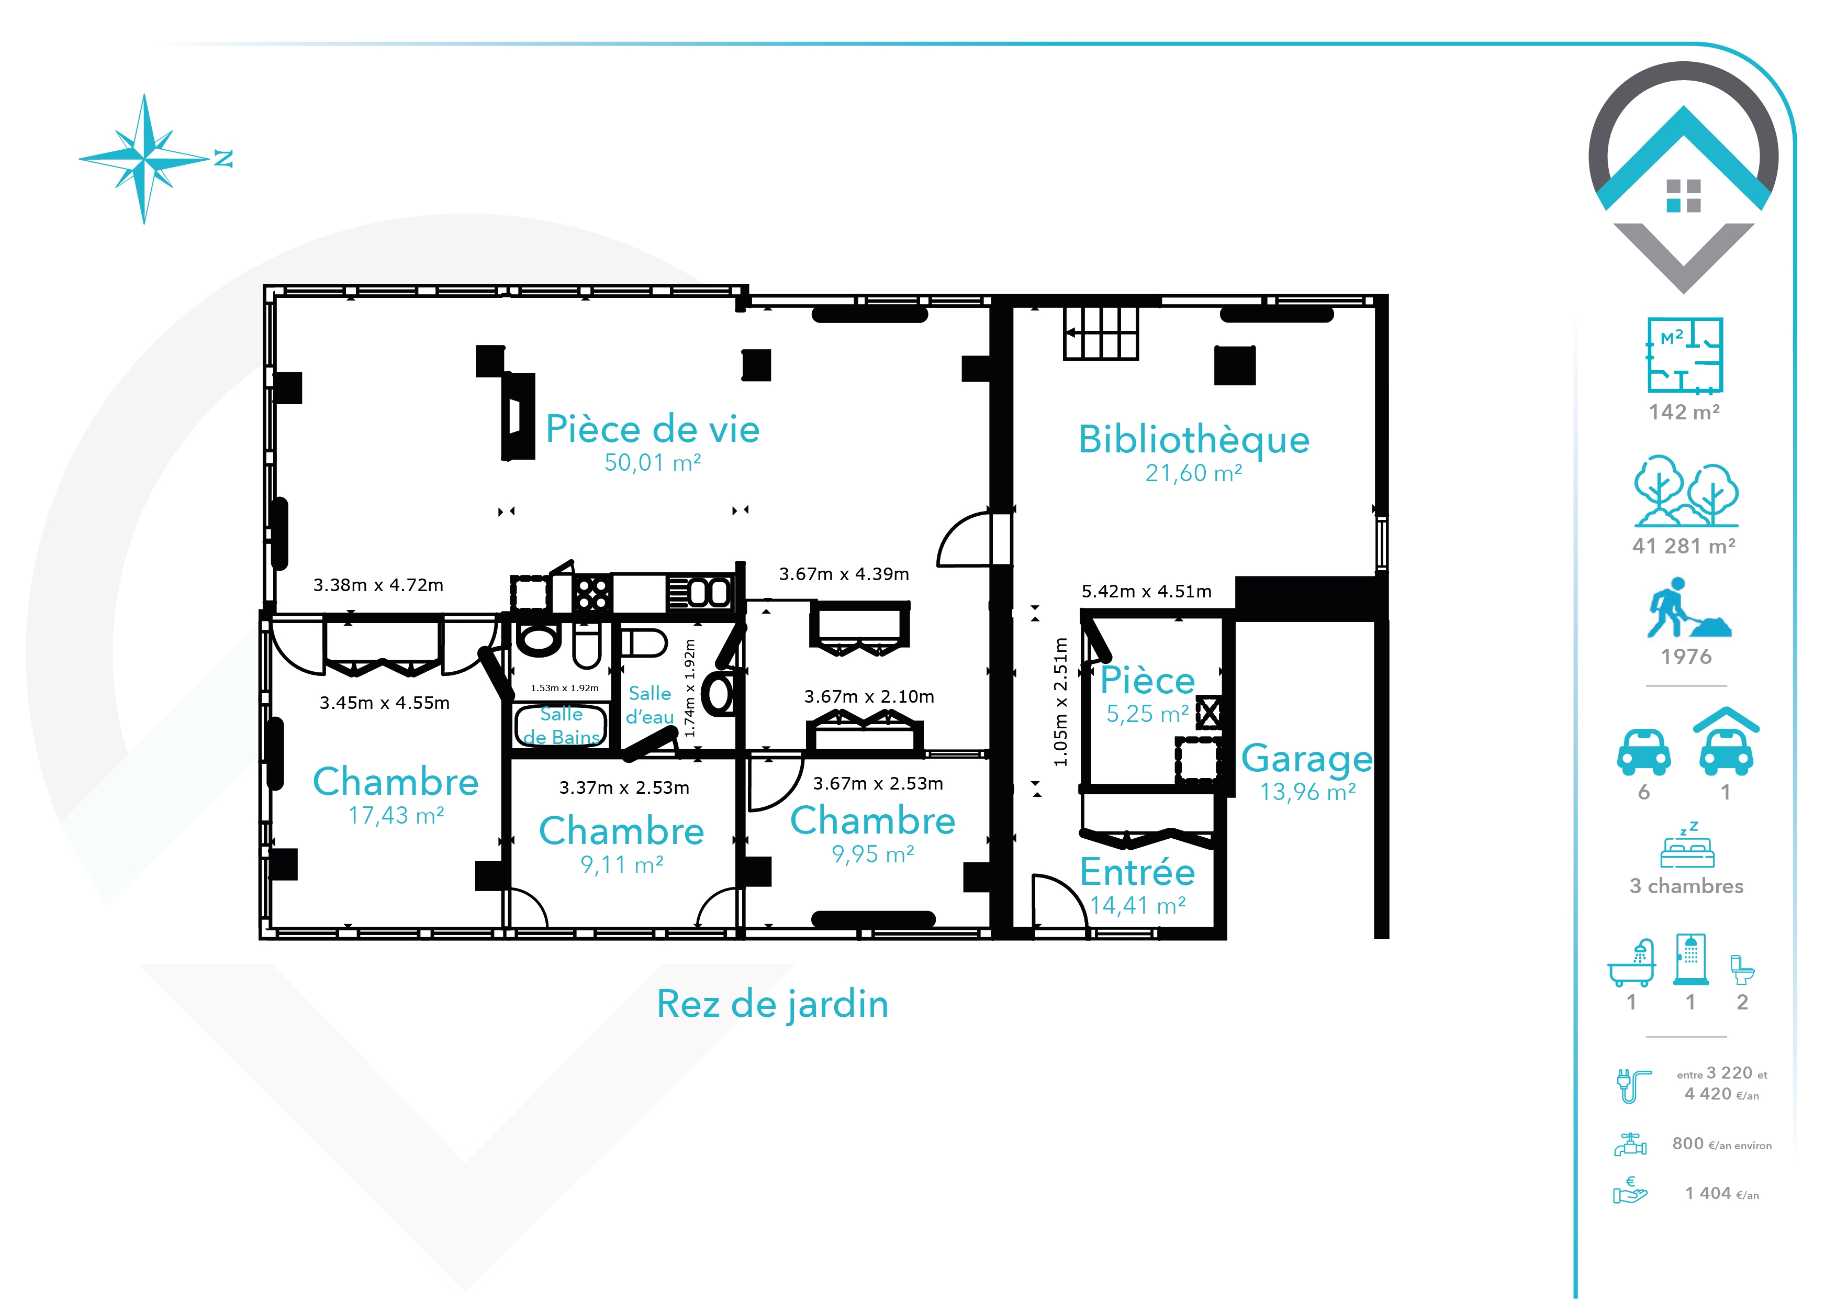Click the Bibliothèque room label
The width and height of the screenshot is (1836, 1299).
[x=1194, y=440]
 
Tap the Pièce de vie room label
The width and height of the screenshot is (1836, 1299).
[x=653, y=429]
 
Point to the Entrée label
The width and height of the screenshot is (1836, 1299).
[x=1137, y=872]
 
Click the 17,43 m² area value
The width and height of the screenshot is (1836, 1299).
[x=396, y=815]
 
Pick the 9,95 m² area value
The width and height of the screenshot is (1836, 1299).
[x=872, y=854]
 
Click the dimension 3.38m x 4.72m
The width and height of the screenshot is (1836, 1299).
[x=378, y=585]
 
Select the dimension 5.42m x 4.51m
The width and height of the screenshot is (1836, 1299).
[x=1146, y=591]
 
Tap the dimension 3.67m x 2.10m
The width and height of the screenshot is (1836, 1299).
[x=869, y=697]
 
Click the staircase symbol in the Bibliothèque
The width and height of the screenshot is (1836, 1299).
[x=1100, y=334]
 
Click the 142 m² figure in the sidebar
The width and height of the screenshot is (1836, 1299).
[x=1684, y=412]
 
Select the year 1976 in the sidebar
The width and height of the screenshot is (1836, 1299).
[x=1686, y=657]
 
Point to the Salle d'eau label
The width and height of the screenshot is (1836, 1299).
[x=650, y=705]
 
